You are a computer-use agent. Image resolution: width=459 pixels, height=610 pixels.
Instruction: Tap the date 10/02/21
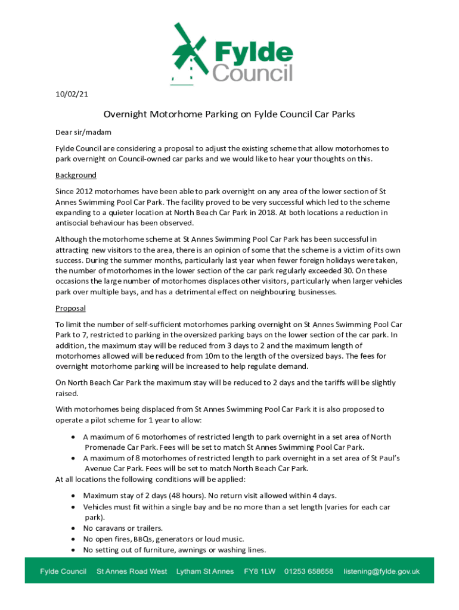(72, 94)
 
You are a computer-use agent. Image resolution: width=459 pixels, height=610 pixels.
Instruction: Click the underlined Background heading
(76, 175)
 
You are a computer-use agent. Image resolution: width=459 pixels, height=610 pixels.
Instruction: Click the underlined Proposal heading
(70, 308)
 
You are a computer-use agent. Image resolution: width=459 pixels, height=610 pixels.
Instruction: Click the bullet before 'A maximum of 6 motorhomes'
(72, 437)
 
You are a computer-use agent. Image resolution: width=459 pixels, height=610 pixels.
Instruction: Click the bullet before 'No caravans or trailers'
(72, 528)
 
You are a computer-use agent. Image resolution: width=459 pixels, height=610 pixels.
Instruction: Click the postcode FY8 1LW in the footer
(259, 571)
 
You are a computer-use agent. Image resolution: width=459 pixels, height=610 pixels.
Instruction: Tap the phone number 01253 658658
(309, 571)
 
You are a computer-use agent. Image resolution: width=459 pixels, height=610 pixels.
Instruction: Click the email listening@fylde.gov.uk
(382, 571)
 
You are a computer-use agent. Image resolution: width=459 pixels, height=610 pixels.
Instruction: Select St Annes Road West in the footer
(132, 571)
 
